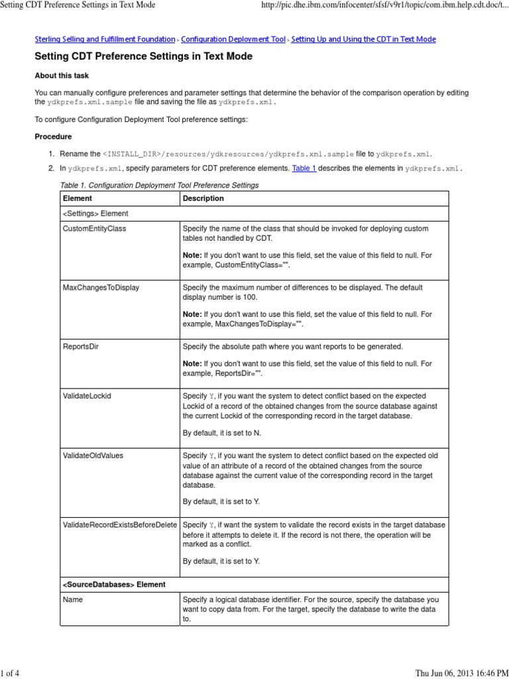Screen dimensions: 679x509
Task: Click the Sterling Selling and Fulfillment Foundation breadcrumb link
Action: point(105,39)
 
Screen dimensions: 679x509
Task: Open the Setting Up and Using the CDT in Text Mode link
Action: point(363,39)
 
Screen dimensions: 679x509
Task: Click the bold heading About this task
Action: point(62,76)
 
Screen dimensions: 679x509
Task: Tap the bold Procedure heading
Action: point(53,137)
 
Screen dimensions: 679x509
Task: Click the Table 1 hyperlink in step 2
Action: point(304,168)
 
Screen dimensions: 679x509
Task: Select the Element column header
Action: point(77,198)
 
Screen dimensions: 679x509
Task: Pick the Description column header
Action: point(203,198)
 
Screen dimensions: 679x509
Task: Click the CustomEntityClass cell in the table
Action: point(94,229)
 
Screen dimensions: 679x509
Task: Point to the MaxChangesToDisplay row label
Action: point(101,288)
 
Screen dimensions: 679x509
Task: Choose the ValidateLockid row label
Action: point(87,396)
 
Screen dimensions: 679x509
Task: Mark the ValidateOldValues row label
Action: point(93,456)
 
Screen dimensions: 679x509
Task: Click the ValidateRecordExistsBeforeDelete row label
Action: point(120,525)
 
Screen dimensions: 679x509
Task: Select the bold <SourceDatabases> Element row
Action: point(113,584)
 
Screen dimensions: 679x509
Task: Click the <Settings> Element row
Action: point(95,214)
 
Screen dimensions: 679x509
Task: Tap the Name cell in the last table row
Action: point(73,599)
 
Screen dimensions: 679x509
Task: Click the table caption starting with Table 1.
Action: point(159,184)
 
